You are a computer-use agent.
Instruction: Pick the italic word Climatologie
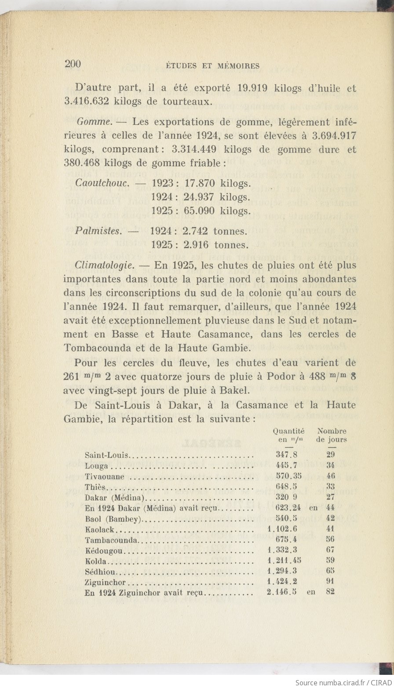tap(104, 265)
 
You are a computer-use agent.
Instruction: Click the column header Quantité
tap(288, 431)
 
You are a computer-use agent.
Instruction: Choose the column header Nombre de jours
tap(332, 435)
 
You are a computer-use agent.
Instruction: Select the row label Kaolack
tap(100, 530)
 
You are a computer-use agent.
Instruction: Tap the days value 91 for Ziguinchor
tap(331, 581)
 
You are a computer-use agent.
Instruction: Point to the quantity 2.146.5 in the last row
tap(281, 592)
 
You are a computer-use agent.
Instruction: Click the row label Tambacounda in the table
tap(112, 540)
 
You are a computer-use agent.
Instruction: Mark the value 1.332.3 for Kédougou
tap(283, 550)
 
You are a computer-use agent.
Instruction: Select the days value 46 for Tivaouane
tap(331, 476)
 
